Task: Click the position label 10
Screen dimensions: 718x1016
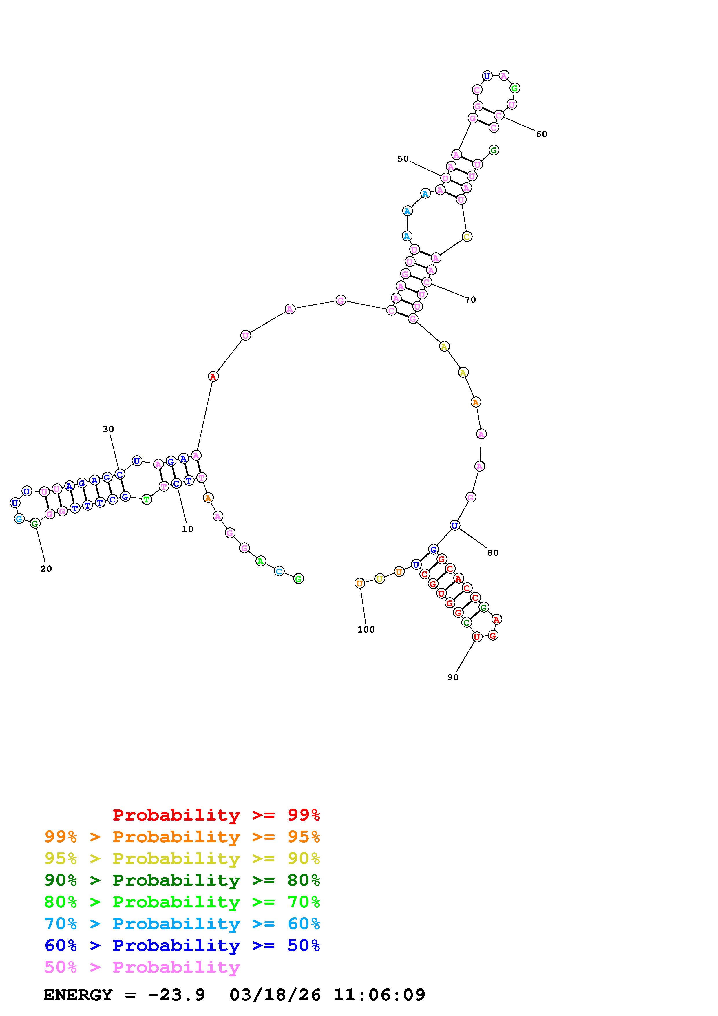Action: point(188,529)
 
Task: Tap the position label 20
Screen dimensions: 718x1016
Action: point(46,569)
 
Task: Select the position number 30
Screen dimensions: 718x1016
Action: point(108,429)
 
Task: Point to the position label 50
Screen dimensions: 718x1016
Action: point(403,159)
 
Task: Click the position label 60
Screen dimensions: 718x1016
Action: point(542,134)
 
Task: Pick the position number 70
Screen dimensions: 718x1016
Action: point(470,300)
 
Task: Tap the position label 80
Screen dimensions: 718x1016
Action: point(493,553)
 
